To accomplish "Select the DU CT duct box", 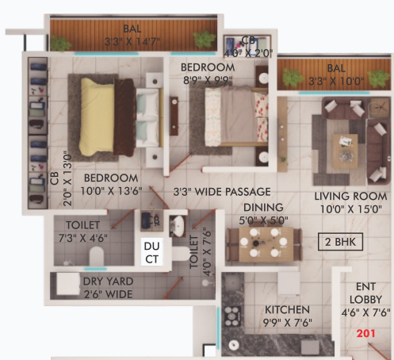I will tap(152, 253).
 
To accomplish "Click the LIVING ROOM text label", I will tap(350, 197).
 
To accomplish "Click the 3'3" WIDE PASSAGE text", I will tap(222, 192).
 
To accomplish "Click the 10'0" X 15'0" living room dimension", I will tap(350, 210).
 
